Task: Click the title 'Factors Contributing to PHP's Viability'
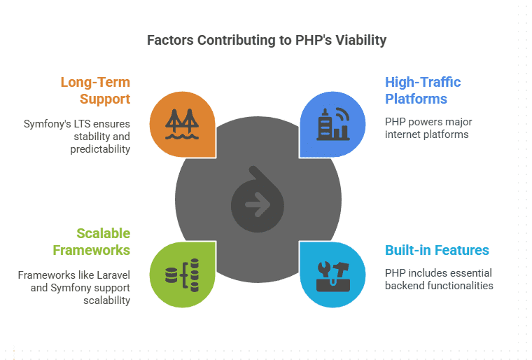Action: (267, 41)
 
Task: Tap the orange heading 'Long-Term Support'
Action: (95, 90)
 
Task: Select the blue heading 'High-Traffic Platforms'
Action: (423, 90)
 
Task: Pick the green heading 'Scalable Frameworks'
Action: (91, 242)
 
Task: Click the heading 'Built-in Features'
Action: (437, 250)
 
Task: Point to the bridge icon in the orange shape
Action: (182, 124)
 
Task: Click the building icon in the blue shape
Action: (332, 124)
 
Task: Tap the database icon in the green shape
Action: (182, 275)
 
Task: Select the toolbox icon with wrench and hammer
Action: (332, 276)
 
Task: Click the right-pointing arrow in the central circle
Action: (258, 205)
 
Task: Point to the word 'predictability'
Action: (100, 149)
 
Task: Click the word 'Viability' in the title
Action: (361, 41)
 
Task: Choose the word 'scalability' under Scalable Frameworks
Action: (107, 300)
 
